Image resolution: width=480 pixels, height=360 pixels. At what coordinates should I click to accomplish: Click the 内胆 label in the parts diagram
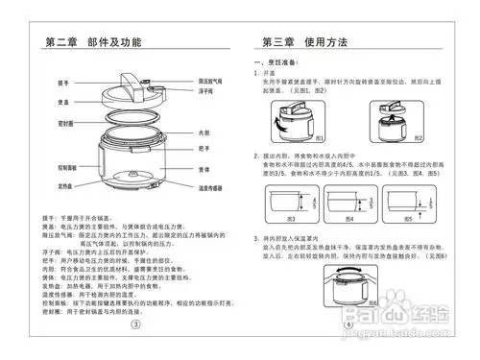click(x=203, y=132)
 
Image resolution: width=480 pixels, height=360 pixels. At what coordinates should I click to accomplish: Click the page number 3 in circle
click(x=135, y=324)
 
